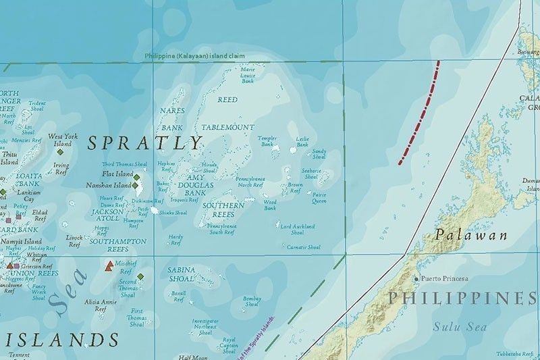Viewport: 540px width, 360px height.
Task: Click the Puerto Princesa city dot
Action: [x=416, y=278]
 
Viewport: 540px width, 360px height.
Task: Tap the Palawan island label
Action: [x=461, y=235]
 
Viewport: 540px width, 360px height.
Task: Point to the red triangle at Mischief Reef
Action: [x=109, y=266]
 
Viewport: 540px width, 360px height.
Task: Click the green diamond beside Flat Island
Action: [x=136, y=178]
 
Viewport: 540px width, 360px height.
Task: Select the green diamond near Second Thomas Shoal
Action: [x=140, y=276]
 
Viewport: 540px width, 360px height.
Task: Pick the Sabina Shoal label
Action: [x=181, y=273]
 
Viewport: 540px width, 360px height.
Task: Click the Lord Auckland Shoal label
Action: [x=297, y=229]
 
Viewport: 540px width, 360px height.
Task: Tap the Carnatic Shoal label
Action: [x=303, y=247]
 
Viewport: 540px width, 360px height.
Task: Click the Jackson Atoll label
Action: [x=107, y=215]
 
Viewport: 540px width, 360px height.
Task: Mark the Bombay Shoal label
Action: [x=252, y=301]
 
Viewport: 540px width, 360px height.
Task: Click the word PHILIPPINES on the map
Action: [x=462, y=298]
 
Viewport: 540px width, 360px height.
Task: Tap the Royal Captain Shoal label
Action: [x=229, y=344]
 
